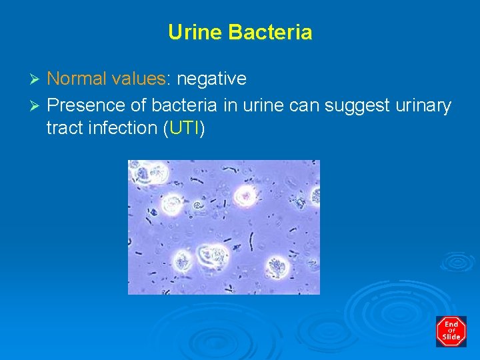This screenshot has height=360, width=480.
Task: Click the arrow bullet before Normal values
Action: click(x=37, y=79)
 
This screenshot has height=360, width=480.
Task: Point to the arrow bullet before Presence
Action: click(x=37, y=105)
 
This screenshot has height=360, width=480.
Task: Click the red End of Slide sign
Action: click(x=451, y=331)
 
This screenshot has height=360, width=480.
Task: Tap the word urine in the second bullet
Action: click(x=255, y=105)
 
